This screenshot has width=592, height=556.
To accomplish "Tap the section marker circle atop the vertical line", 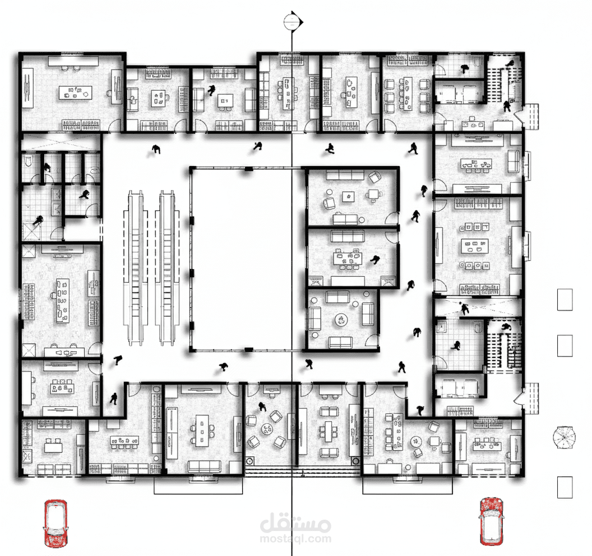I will [292, 21].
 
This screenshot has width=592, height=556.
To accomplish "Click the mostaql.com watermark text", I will [295, 539].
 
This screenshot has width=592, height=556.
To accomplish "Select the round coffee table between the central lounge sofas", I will [341, 319].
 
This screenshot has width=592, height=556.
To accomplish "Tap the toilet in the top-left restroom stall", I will [29, 162].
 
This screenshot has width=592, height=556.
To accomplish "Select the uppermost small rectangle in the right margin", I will [564, 299].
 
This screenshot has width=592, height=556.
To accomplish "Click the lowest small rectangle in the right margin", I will [564, 487].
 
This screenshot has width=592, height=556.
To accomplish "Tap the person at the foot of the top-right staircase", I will [507, 105].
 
